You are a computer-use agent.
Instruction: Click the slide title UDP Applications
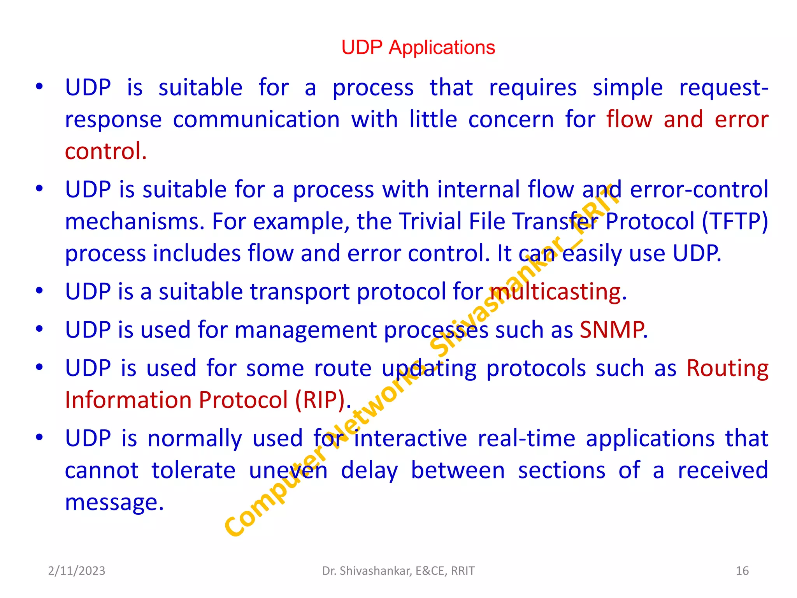click(x=418, y=47)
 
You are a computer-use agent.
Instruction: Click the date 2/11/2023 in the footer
click(x=76, y=571)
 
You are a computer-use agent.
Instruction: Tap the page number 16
click(x=742, y=571)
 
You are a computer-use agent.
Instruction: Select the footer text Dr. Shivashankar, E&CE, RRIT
click(x=398, y=571)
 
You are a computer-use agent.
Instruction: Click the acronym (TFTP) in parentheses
click(x=735, y=221)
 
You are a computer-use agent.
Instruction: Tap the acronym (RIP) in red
click(x=320, y=400)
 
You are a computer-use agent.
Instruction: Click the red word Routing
click(x=727, y=368)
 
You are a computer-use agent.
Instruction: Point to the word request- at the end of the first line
click(x=723, y=88)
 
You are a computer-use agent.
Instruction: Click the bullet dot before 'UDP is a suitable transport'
click(x=39, y=291)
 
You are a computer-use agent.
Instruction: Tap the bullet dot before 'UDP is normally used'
click(x=39, y=437)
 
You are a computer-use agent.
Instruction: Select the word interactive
click(x=410, y=438)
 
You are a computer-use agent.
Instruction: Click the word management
click(x=305, y=330)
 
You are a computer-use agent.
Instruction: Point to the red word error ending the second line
click(x=741, y=120)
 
